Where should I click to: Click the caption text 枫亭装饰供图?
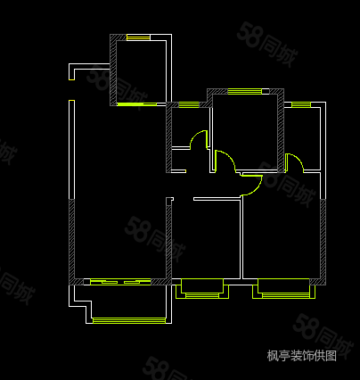click(x=301, y=355)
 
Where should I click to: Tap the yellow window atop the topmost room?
click(x=138, y=37)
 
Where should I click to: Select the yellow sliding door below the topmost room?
click(x=136, y=104)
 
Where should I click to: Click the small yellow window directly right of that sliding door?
click(x=189, y=104)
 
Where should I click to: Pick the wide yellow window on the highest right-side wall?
click(x=245, y=91)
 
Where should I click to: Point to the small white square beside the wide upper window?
click(x=266, y=91)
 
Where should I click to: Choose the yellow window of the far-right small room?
click(x=301, y=104)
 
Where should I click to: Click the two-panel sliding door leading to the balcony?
click(x=120, y=282)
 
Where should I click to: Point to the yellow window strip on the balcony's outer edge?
click(x=129, y=320)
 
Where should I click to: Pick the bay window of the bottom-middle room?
click(x=202, y=288)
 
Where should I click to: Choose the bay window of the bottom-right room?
click(x=283, y=288)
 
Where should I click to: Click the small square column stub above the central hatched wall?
click(x=169, y=201)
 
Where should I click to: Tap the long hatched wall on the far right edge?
click(x=323, y=242)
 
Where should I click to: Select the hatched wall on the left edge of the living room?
click(x=72, y=242)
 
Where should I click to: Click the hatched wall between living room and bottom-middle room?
click(x=169, y=242)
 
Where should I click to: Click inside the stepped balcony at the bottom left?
click(x=127, y=301)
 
